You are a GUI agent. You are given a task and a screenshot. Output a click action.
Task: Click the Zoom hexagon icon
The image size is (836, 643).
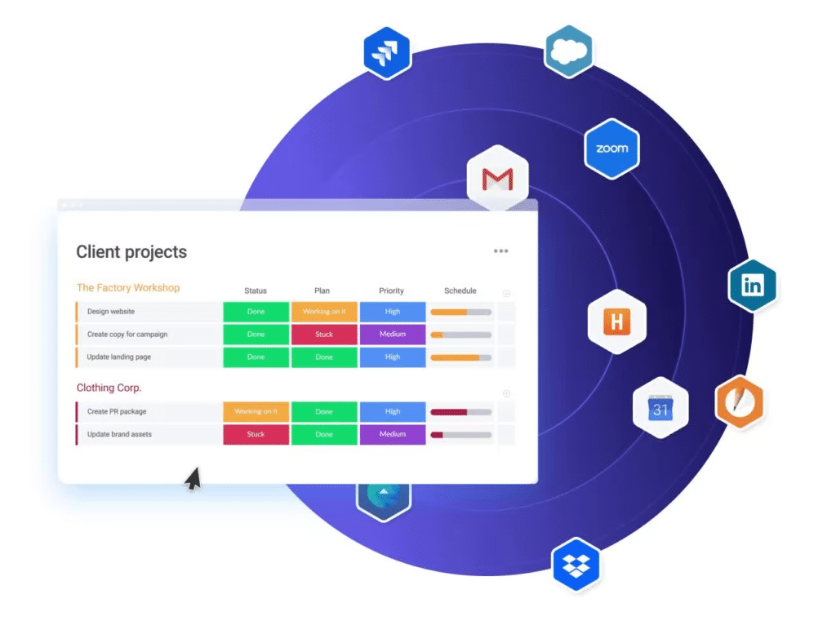(611, 149)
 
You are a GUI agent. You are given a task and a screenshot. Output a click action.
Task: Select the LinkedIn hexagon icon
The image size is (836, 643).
(752, 286)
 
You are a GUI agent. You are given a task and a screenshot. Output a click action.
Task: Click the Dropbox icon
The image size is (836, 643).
(576, 565)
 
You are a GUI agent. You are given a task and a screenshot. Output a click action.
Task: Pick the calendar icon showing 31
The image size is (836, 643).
(660, 408)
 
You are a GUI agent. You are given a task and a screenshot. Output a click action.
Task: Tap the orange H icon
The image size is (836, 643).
(617, 321)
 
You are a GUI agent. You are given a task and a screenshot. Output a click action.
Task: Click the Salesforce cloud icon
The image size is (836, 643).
(569, 51)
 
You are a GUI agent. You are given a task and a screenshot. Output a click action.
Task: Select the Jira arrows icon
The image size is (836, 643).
(387, 53)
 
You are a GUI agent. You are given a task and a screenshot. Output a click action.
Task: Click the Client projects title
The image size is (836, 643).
(131, 252)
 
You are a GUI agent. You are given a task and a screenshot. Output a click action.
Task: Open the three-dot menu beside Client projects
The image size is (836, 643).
(500, 251)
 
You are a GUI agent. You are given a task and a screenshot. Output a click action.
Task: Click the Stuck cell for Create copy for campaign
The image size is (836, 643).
(324, 335)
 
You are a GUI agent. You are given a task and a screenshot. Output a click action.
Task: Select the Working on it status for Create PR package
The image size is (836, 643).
(256, 412)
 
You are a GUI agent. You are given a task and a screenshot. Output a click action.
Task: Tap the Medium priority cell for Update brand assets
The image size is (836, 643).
(393, 434)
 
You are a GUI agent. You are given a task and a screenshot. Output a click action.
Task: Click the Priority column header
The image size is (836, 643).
(391, 290)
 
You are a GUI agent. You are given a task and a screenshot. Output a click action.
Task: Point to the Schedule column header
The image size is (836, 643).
(460, 290)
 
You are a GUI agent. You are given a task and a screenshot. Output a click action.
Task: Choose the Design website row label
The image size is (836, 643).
(111, 312)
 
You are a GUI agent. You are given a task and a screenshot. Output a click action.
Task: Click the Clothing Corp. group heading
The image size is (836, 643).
(109, 388)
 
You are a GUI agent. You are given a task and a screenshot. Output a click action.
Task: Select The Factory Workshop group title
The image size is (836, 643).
(128, 288)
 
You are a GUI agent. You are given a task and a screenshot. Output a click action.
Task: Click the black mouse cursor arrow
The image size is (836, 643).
(193, 478)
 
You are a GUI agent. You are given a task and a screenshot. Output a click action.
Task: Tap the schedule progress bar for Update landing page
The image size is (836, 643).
(460, 357)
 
